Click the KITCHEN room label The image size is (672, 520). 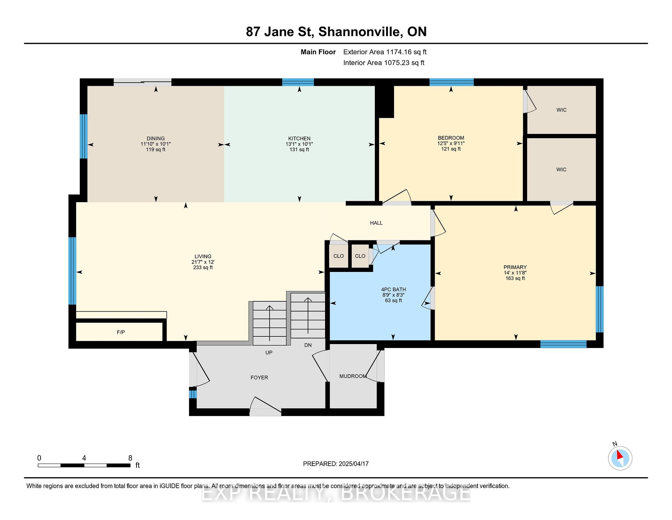pyautogui.click(x=299, y=138)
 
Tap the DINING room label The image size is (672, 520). pyautogui.click(x=156, y=138)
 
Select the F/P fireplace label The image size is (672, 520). pyautogui.click(x=121, y=332)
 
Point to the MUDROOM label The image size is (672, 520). pyautogui.click(x=353, y=376)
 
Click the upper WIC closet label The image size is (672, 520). pyautogui.click(x=561, y=110)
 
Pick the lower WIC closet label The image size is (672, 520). pyautogui.click(x=561, y=170)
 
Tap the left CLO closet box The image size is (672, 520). pyautogui.click(x=338, y=256)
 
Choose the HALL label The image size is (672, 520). pyautogui.click(x=376, y=223)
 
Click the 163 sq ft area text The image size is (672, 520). pyautogui.click(x=515, y=279)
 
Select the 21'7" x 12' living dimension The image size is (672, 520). pyautogui.click(x=203, y=262)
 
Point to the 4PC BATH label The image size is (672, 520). pyautogui.click(x=393, y=289)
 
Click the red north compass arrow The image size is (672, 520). pyautogui.click(x=620, y=455)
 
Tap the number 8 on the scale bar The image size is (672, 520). pyautogui.click(x=130, y=458)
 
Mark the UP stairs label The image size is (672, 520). pyautogui.click(x=269, y=353)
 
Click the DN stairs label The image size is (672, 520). pyautogui.click(x=308, y=345)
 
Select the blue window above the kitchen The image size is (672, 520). pyautogui.click(x=298, y=82)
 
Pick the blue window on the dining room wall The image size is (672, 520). pyautogui.click(x=83, y=136)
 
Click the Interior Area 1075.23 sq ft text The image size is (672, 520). pyautogui.click(x=384, y=63)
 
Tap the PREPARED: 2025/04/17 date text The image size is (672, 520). pyautogui.click(x=336, y=464)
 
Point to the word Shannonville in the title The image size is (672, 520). pyautogui.click(x=359, y=32)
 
